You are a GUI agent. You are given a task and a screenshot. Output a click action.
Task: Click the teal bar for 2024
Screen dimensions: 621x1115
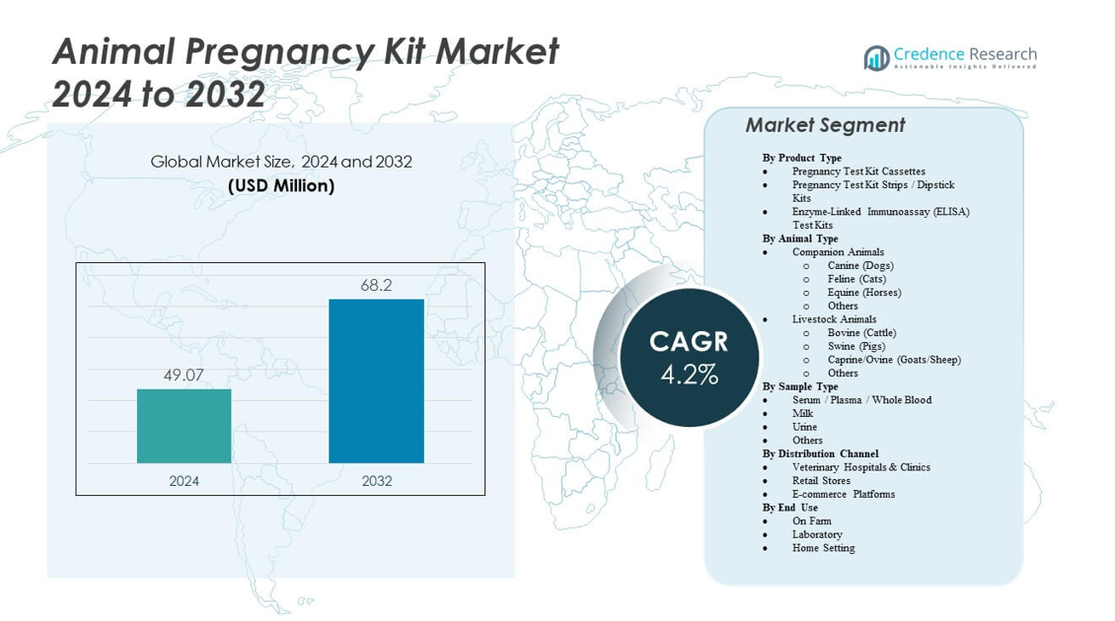coord(184,426)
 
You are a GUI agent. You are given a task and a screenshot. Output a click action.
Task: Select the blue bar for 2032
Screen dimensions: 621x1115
coord(376,380)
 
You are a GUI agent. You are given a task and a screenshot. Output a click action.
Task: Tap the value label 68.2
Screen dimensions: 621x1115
coord(376,285)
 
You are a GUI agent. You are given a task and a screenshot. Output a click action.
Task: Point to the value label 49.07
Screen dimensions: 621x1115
coord(184,375)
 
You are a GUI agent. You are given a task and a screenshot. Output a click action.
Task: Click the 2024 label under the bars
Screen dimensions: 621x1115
coord(184,481)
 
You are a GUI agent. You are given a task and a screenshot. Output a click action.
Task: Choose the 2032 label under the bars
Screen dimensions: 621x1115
coord(376,481)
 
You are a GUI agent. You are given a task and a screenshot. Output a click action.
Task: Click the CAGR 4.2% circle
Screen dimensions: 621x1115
coord(689,357)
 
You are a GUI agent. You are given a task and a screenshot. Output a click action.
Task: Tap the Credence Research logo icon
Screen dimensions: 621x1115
coord(876,58)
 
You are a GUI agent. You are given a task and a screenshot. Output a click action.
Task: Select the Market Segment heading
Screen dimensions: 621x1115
coord(825,125)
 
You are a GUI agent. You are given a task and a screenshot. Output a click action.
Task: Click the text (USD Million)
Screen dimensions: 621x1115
coord(281,185)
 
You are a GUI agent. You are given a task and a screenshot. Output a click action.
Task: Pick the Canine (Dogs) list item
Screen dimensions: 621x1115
coord(860,265)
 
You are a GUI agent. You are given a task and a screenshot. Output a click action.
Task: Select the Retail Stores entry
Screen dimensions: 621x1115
coord(821,481)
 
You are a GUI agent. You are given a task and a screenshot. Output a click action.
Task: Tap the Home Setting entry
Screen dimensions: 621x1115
coord(823,548)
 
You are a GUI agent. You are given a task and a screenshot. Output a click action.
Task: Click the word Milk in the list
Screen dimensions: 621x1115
coord(803,414)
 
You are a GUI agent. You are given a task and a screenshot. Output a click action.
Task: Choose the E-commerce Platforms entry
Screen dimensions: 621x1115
coord(844,494)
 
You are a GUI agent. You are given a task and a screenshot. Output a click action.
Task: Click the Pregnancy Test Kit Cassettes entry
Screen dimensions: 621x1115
coord(858,172)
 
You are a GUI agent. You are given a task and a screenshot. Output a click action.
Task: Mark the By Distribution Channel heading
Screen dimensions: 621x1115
coord(820,453)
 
